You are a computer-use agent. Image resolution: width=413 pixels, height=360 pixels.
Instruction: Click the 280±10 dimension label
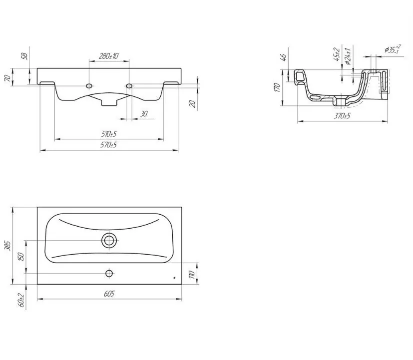(108, 56)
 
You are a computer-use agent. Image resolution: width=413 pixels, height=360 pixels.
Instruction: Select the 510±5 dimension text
(109, 134)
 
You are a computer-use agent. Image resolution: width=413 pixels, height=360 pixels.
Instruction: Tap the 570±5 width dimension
(109, 145)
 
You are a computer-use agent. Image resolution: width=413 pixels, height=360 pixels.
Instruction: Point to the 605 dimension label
(109, 294)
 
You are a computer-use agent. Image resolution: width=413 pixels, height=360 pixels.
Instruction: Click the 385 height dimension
(8, 246)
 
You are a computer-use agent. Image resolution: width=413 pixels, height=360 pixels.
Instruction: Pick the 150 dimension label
(21, 257)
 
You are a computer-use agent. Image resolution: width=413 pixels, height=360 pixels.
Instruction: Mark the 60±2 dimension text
(21, 300)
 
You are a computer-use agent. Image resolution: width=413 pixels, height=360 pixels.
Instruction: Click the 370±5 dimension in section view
(342, 116)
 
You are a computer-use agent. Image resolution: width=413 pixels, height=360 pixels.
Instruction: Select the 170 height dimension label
(277, 87)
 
